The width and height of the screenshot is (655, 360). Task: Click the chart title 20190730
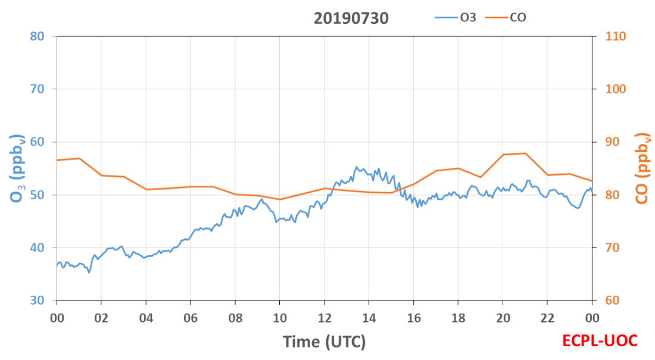click(351, 18)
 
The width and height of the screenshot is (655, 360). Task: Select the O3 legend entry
click(456, 17)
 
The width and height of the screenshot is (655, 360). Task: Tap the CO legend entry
click(506, 17)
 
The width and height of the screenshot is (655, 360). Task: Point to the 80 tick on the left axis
click(37, 36)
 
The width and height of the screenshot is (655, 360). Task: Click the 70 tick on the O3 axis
click(37, 89)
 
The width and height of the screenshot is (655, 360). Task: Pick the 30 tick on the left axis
click(37, 300)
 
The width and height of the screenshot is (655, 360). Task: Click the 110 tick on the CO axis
click(616, 36)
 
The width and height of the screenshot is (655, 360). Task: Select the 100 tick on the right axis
click(616, 89)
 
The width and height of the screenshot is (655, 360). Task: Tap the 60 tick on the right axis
click(612, 300)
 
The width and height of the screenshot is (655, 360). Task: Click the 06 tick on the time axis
click(191, 318)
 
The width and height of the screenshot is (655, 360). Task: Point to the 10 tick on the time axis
click(280, 318)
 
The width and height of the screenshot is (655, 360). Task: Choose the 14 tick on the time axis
click(369, 318)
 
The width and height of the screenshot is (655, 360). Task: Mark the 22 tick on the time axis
click(547, 318)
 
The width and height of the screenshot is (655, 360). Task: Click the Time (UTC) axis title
click(325, 342)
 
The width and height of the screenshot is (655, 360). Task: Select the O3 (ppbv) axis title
click(17, 168)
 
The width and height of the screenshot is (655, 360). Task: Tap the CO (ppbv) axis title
click(642, 168)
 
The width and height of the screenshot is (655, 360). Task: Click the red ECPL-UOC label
click(600, 341)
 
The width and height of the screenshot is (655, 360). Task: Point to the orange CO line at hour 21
click(525, 154)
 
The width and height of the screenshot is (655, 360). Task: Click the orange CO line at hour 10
click(280, 199)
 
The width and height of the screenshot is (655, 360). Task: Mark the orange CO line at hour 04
click(146, 189)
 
